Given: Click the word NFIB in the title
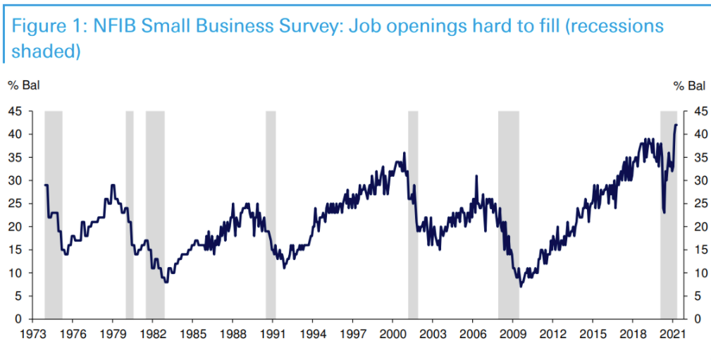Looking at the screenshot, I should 113,27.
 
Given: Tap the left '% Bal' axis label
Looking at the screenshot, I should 24,86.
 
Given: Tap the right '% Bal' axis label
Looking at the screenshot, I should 688,86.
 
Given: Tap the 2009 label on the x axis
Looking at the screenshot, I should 513,333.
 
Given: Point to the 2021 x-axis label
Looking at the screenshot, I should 672,333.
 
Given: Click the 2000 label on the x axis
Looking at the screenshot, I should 392,333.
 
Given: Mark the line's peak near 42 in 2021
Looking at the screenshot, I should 676,125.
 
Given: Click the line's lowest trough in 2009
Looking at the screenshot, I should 521,287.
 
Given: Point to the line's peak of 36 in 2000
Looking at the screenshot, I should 404,153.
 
